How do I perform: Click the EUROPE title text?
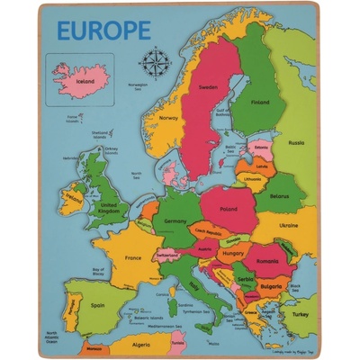pos(103,30)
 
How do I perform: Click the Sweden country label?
pos(208,88)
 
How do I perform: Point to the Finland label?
pos(260,102)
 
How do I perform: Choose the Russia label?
pos(296,142)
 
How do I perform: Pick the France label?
pos(133,258)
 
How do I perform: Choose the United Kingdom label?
pos(108,208)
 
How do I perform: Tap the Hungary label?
pos(233,255)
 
